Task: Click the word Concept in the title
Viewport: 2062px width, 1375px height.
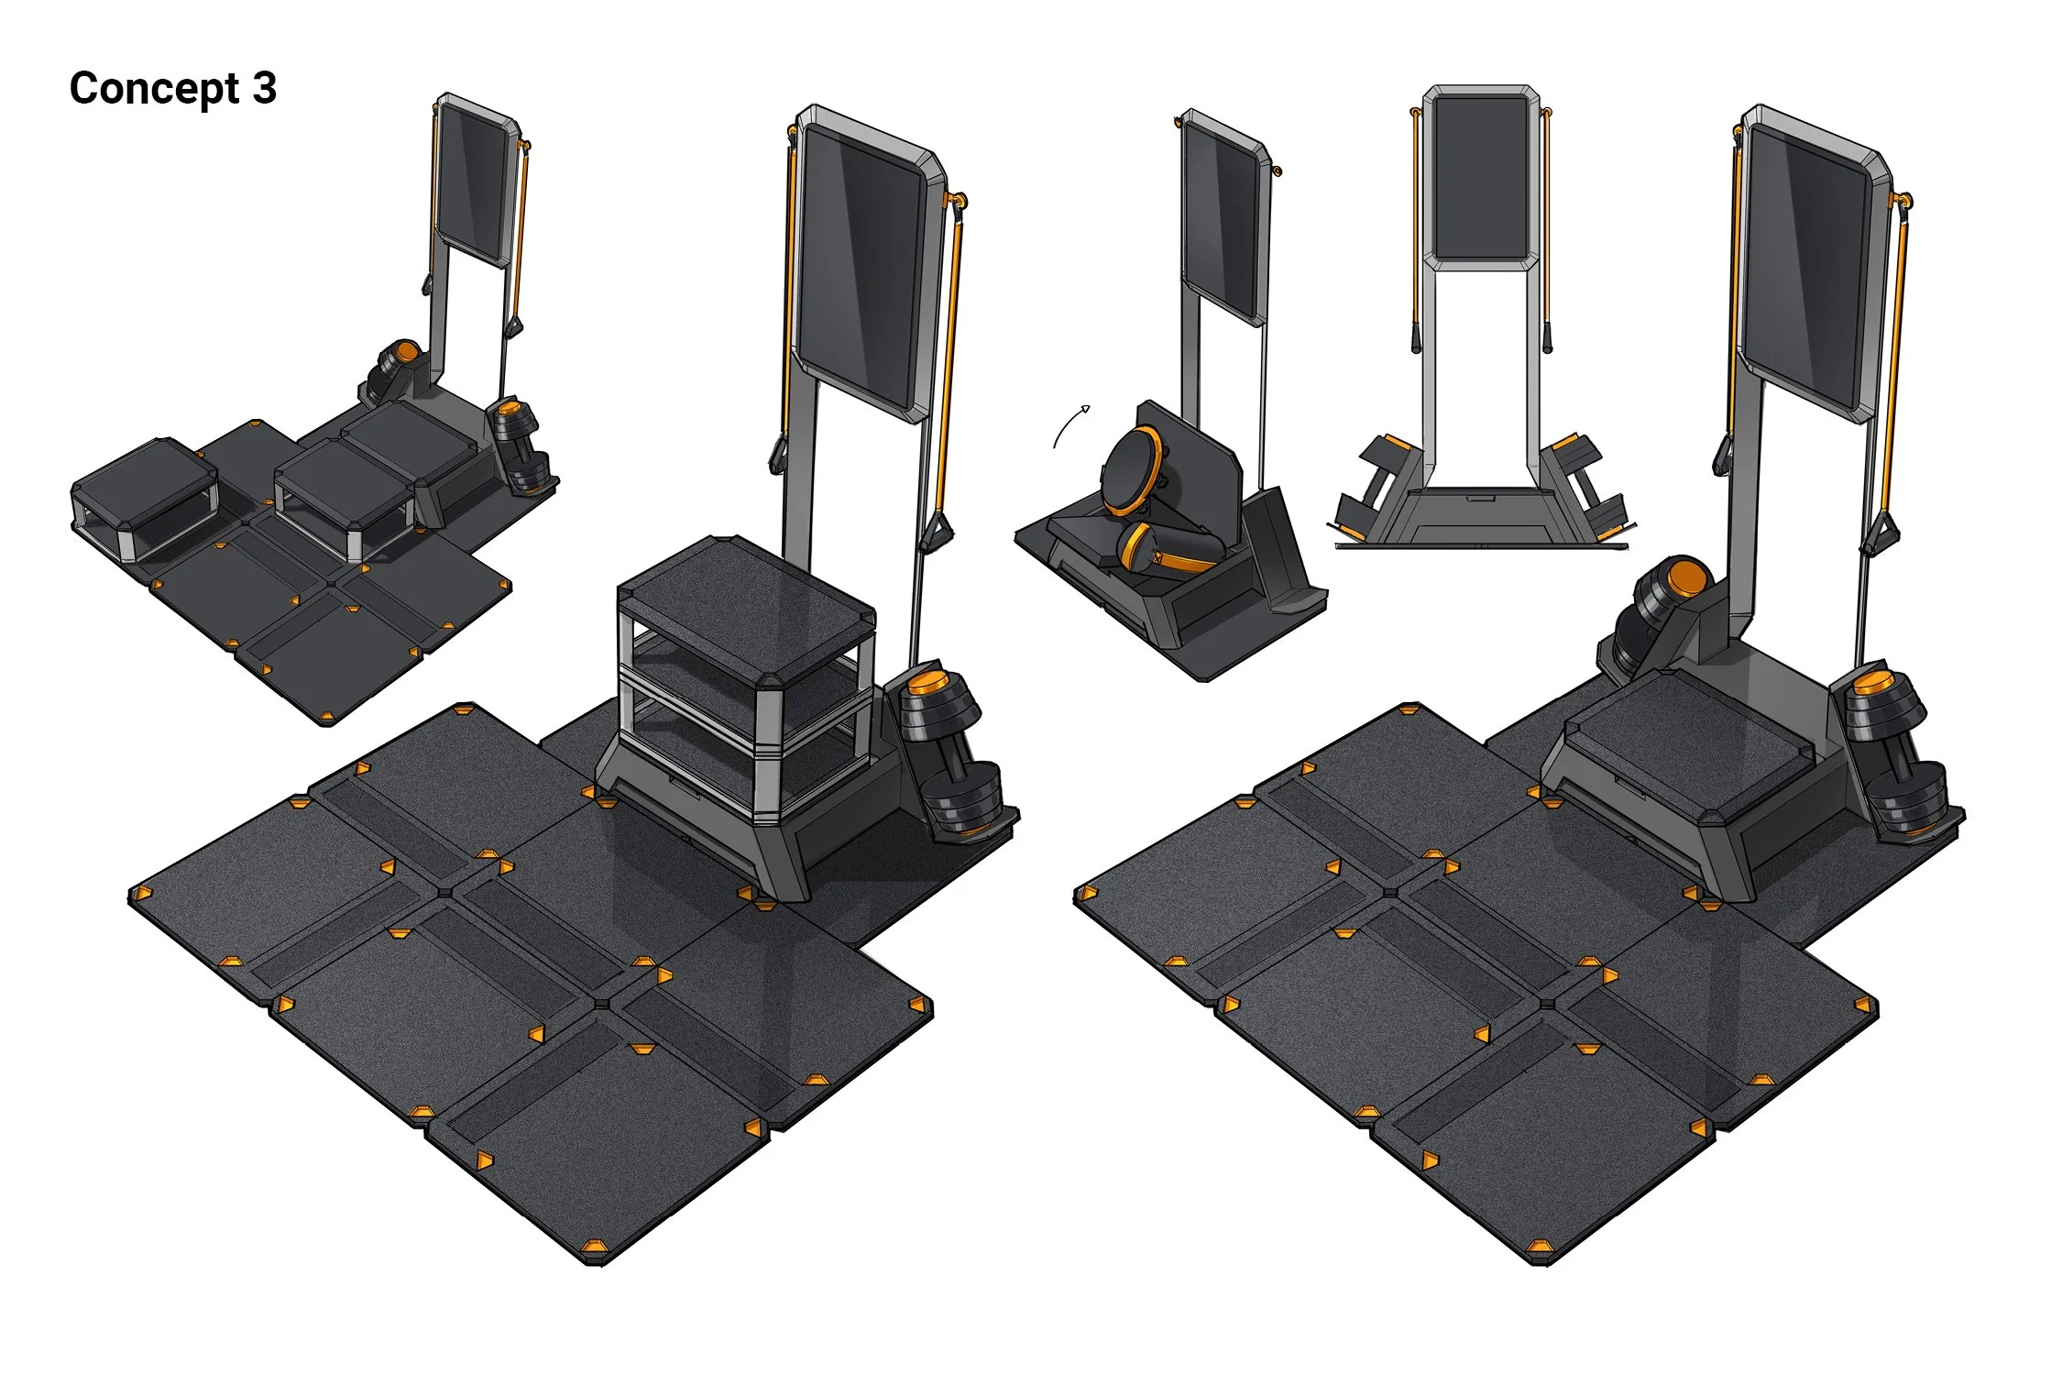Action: click(154, 90)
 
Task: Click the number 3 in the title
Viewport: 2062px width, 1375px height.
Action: click(264, 88)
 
